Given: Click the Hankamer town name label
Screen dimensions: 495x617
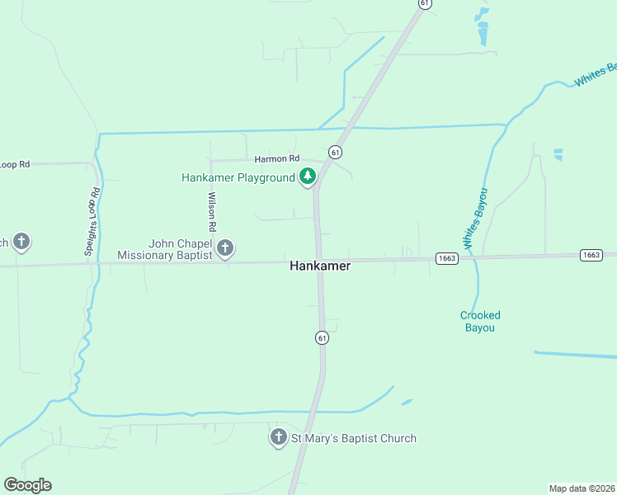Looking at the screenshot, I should point(320,266).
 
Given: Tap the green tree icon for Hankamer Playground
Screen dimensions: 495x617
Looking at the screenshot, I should point(308,177).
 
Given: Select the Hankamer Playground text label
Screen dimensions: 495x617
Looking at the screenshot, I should point(238,177).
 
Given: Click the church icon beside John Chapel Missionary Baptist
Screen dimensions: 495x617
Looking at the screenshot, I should point(224,247).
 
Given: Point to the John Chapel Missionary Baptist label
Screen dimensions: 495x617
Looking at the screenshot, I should point(165,249).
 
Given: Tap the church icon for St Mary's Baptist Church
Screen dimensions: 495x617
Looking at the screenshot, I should point(279,438).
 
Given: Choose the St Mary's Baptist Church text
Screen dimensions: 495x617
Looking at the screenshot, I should point(353,438).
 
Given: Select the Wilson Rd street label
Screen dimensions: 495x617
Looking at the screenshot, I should point(213,211).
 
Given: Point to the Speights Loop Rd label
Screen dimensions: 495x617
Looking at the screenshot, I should point(92,222).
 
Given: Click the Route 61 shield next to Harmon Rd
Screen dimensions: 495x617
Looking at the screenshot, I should point(335,152).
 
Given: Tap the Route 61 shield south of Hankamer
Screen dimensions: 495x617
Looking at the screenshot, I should point(322,337).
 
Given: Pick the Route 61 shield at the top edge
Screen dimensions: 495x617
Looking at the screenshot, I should point(425,3).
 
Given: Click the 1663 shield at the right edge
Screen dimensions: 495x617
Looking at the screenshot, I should point(591,255).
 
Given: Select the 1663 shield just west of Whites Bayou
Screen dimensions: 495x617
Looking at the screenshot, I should point(446,258).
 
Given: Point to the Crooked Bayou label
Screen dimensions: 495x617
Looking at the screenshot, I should point(479,321).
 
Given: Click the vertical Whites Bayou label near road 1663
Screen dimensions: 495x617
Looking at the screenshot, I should point(476,219).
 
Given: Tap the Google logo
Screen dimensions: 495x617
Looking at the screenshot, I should point(28,485).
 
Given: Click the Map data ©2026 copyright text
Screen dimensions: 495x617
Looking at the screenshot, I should point(582,488).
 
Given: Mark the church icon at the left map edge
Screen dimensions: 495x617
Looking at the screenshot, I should point(21,243).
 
